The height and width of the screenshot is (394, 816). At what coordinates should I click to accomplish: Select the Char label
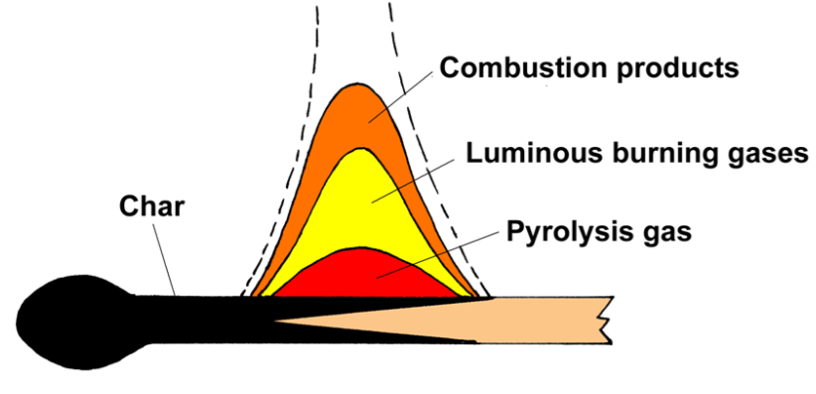tap(152, 206)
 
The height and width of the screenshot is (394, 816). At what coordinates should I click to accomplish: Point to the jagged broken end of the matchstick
tap(607, 321)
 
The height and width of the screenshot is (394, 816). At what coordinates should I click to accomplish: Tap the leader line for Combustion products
tap(401, 97)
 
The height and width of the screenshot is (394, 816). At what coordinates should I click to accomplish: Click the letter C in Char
tap(130, 206)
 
